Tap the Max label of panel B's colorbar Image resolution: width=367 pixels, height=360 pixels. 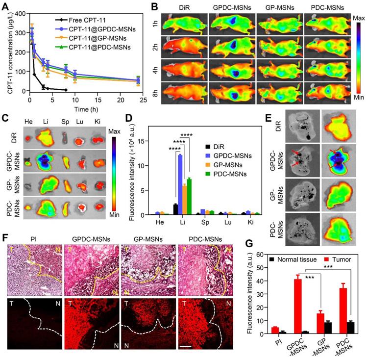point(359,17)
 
